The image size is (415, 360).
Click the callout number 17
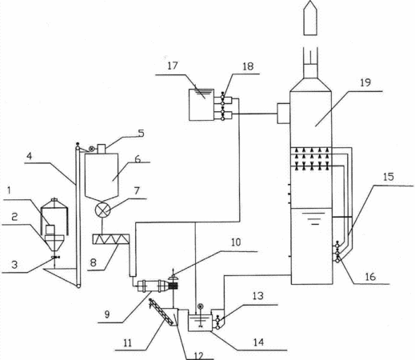pyautogui.click(x=173, y=66)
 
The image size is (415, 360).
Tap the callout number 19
pyautogui.click(x=365, y=82)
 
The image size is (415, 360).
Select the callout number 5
pyautogui.click(x=142, y=133)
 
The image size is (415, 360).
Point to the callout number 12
pyautogui.click(x=199, y=355)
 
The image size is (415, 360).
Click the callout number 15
pyautogui.click(x=388, y=177)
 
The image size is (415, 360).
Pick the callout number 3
pyautogui.click(x=14, y=265)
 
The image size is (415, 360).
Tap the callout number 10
pyautogui.click(x=236, y=242)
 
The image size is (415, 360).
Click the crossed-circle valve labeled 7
pyautogui.click(x=103, y=210)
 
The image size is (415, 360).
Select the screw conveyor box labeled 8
pyautogui.click(x=110, y=239)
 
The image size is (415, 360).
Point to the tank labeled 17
pyautogui.click(x=202, y=105)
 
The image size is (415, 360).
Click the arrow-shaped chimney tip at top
pyautogui.click(x=310, y=18)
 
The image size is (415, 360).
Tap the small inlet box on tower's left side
pyautogui.click(x=284, y=114)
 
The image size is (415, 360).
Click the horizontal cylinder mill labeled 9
pyautogui.click(x=153, y=286)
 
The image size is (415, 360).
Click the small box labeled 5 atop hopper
pyautogui.click(x=102, y=149)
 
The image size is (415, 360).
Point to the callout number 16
pyautogui.click(x=370, y=277)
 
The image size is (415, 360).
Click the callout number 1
pyautogui.click(x=9, y=190)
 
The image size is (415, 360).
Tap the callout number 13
pyautogui.click(x=257, y=296)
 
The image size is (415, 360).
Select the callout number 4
pyautogui.click(x=29, y=156)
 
